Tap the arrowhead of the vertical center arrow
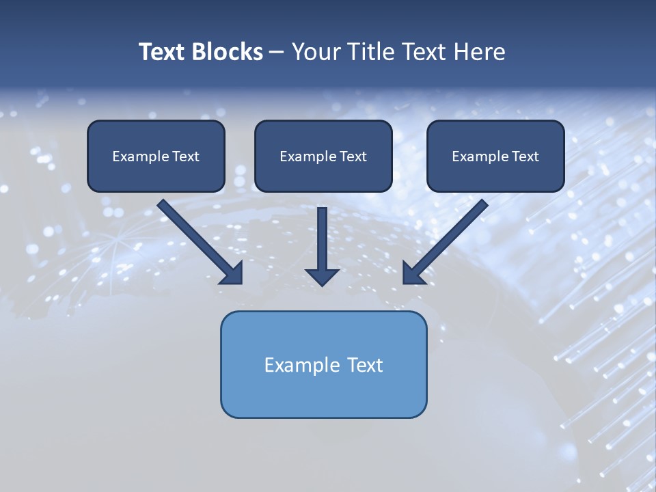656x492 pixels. (322, 277)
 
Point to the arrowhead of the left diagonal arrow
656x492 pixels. (232, 274)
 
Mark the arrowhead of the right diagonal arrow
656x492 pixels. (413, 274)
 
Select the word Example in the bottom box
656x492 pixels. (302, 365)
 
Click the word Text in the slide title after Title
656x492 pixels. (426, 52)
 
